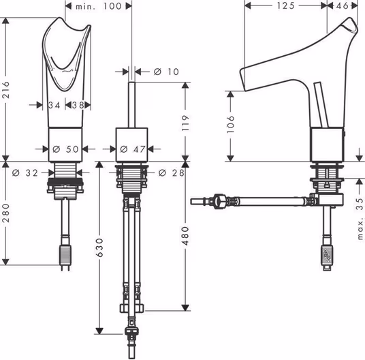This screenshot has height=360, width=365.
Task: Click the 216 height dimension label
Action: pos(6,89)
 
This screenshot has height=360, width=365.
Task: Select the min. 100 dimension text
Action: pos(99,6)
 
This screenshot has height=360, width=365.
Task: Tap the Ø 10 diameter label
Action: pos(166,72)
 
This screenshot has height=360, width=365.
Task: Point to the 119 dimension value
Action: pos(185,123)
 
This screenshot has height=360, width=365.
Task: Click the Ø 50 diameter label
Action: pos(65,149)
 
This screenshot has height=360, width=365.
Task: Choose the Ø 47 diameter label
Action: pos(133,149)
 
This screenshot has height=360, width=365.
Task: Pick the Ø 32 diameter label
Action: pos(25,172)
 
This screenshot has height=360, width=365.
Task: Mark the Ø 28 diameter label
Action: pos(172,172)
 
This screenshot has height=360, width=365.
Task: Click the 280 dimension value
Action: pos(6,213)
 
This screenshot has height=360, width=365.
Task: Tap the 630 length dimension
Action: pos(99,247)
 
